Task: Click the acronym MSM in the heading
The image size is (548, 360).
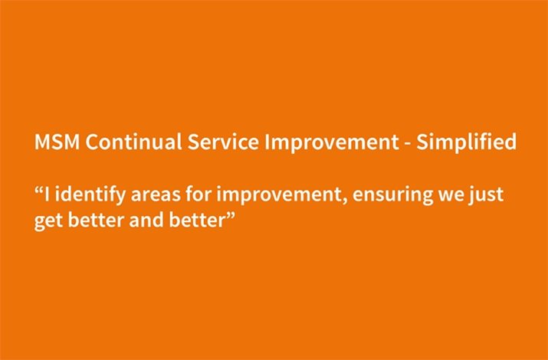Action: click(57, 142)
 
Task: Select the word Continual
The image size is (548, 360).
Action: click(133, 142)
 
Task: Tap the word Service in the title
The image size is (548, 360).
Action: click(223, 142)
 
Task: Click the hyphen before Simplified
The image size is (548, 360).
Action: click(408, 144)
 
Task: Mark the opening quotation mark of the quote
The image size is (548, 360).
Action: click(38, 189)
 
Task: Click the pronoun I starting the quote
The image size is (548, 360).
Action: click(47, 194)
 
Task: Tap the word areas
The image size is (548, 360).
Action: click(155, 196)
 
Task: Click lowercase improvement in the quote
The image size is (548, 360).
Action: click(280, 195)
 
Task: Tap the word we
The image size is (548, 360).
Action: click(451, 197)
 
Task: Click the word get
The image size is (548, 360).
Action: click(48, 222)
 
